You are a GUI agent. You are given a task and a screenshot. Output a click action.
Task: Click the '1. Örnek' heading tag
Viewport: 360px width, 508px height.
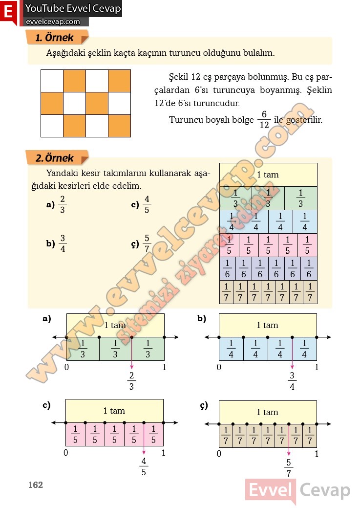tap(55, 38)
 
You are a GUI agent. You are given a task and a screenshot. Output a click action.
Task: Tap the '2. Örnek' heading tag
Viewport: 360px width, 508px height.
tap(55, 158)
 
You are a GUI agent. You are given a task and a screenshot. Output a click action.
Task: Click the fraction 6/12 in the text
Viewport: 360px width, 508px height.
tap(263, 119)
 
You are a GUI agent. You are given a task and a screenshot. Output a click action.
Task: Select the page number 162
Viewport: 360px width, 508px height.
tap(35, 485)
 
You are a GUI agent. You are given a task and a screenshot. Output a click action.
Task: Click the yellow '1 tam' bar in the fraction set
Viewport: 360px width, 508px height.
tap(268, 175)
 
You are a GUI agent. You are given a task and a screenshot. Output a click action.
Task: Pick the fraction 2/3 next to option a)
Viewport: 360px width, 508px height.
tap(62, 205)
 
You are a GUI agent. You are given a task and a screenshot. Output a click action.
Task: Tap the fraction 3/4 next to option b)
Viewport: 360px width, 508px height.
tap(62, 243)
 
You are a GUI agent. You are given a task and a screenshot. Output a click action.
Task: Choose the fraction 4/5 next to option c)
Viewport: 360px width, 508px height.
tap(147, 205)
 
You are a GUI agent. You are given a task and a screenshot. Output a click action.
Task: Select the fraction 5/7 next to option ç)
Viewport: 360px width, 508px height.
tap(147, 243)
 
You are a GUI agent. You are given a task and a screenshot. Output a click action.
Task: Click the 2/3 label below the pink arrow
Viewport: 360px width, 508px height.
tap(131, 381)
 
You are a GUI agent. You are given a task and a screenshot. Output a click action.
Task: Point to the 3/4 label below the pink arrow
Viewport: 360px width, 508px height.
tap(292, 381)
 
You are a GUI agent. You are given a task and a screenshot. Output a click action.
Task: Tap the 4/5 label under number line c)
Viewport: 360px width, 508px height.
tap(144, 466)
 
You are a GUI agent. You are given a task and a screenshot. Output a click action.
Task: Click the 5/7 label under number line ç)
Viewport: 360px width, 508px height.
tap(289, 468)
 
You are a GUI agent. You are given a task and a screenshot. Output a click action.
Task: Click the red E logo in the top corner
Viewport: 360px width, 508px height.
tap(8, 12)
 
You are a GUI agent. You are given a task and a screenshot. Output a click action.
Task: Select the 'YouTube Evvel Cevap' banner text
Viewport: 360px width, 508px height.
tap(73, 9)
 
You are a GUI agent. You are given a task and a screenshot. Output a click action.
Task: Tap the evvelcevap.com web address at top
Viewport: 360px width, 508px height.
tap(52, 22)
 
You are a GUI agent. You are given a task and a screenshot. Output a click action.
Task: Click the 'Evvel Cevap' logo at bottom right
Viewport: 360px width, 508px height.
tap(297, 490)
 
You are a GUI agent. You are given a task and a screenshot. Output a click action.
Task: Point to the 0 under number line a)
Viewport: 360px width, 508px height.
tap(66, 367)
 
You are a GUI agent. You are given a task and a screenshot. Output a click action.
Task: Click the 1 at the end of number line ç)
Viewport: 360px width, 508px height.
tap(317, 454)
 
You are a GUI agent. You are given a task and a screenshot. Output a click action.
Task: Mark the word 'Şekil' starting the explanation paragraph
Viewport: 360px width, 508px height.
tap(178, 77)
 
